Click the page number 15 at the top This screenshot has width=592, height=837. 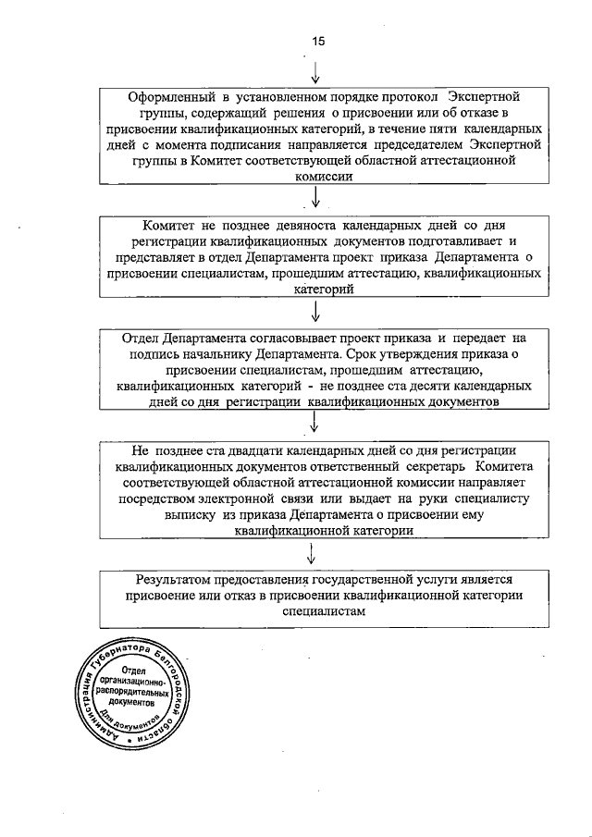pyautogui.click(x=318, y=40)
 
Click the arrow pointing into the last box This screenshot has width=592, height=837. pyautogui.click(x=313, y=554)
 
